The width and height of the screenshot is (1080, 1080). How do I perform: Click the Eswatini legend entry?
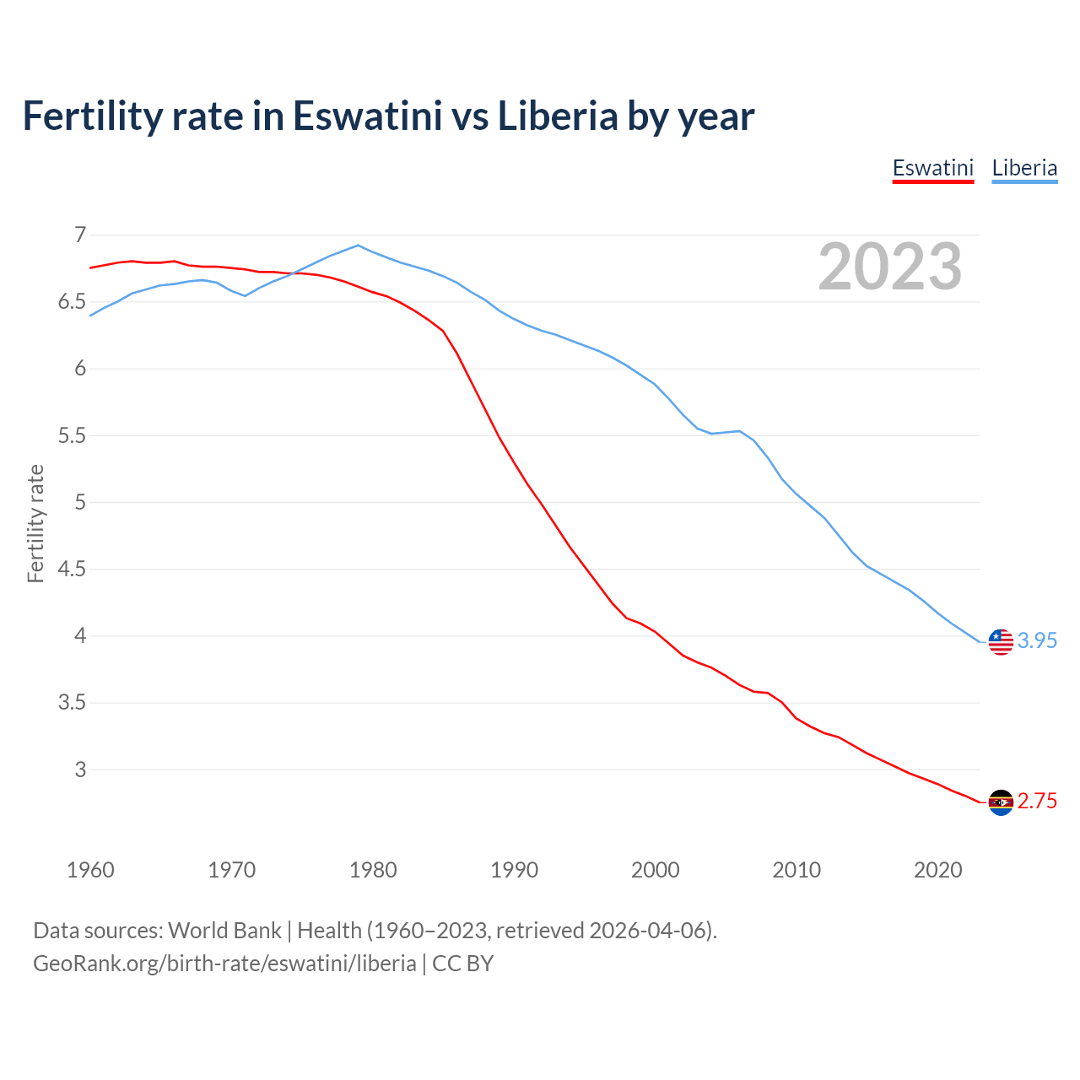click(932, 168)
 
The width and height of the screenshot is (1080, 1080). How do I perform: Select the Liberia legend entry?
click(1024, 168)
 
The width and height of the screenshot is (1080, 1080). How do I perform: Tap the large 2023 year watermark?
click(890, 267)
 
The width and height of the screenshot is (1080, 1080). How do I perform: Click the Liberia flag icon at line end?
click(1001, 641)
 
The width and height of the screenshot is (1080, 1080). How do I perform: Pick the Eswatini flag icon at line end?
click(1001, 802)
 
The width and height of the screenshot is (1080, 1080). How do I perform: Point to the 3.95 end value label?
click(1037, 641)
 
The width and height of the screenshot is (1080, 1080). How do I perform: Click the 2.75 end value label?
click(1037, 802)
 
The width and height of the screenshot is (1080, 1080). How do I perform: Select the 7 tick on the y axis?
click(80, 235)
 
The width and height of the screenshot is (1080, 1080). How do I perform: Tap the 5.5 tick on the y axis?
click(72, 435)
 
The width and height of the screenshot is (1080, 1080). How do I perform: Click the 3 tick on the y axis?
click(80, 769)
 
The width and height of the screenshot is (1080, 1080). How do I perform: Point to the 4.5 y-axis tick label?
click(72, 570)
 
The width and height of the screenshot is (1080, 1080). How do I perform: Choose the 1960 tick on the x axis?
click(90, 870)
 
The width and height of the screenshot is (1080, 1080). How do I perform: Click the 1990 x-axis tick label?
click(514, 870)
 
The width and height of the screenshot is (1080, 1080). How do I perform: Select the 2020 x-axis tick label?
click(937, 870)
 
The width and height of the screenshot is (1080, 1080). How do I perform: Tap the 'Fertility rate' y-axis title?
click(35, 523)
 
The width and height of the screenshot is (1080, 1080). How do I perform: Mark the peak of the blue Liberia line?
click(358, 246)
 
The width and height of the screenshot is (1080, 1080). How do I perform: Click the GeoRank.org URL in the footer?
click(224, 964)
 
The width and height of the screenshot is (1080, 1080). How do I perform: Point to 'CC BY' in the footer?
click(462, 964)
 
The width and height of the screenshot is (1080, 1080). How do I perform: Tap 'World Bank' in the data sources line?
click(224, 931)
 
